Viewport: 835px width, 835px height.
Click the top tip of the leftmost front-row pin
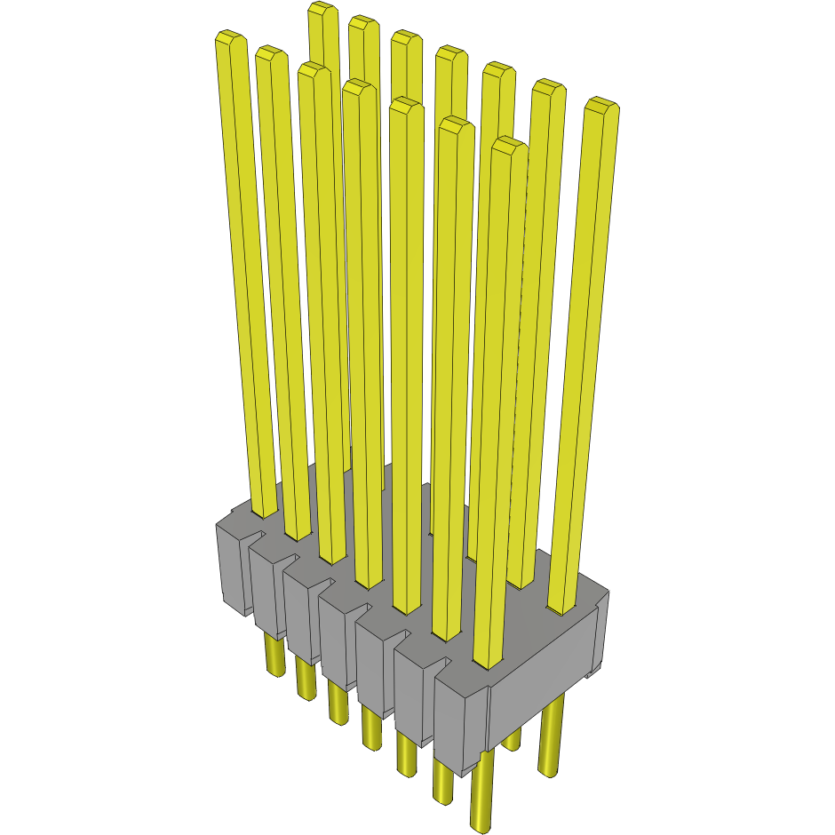click(x=230, y=38)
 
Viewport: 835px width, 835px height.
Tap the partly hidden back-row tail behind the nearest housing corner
click(x=512, y=739)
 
